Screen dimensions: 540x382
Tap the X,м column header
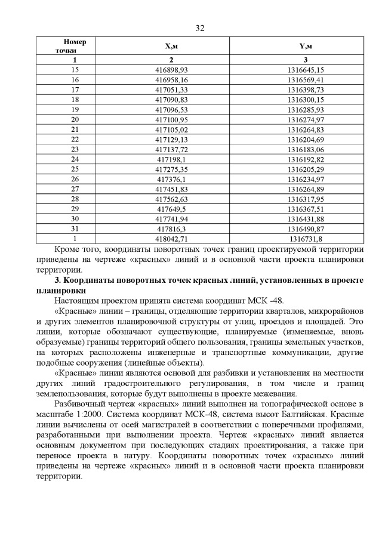point(171,47)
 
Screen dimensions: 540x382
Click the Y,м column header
point(305,47)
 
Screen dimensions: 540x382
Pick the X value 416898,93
point(171,70)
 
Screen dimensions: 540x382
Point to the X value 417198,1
point(171,159)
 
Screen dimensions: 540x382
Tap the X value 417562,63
point(171,199)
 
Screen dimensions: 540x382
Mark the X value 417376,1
point(171,179)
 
